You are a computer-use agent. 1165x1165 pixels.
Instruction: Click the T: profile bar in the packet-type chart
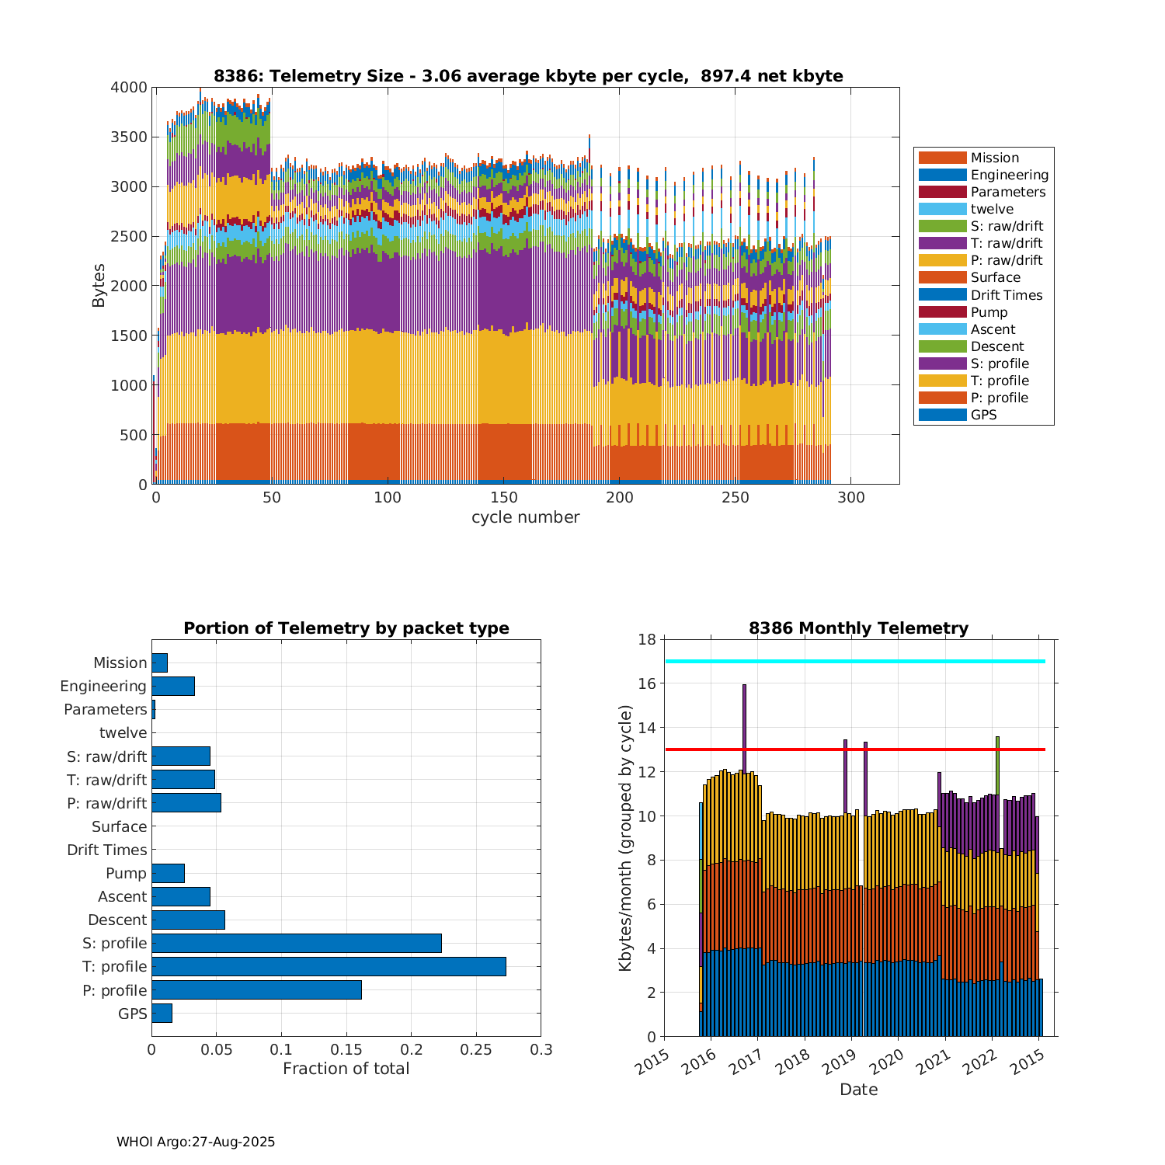329,966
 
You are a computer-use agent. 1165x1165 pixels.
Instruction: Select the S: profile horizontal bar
297,943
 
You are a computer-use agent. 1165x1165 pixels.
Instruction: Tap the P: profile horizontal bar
256,989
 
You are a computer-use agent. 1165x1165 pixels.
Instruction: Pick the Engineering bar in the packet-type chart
173,686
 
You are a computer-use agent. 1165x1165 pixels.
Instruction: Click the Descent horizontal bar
188,920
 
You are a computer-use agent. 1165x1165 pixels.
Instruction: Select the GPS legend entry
983,415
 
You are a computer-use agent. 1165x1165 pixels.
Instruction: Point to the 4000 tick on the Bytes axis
129,88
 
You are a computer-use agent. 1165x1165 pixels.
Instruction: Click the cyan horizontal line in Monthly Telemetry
854,661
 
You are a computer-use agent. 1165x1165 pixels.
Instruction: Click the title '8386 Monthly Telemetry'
858,628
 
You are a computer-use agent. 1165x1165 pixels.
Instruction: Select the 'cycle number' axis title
525,517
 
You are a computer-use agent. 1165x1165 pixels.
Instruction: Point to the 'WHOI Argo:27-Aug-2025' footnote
196,1142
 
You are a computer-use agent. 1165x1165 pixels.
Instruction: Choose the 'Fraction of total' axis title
346,1069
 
